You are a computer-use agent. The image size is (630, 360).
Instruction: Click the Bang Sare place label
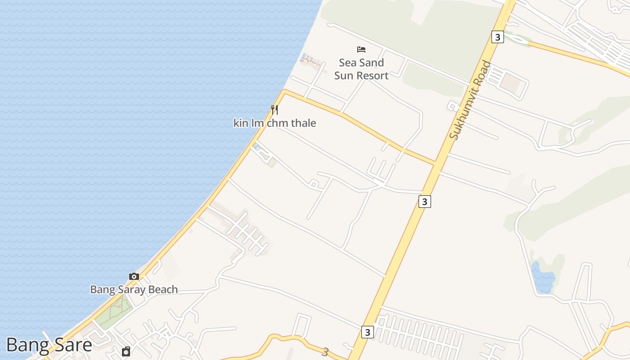pyautogui.click(x=49, y=345)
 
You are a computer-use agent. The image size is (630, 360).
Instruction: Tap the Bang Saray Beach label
pyautogui.click(x=134, y=289)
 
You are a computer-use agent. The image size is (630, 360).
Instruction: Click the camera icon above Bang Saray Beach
pyautogui.click(x=134, y=276)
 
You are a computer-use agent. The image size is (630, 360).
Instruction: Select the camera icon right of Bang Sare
pyautogui.click(x=126, y=351)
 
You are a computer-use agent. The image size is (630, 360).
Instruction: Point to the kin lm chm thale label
pyautogui.click(x=274, y=123)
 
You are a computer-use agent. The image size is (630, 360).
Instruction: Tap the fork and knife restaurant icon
pyautogui.click(x=274, y=109)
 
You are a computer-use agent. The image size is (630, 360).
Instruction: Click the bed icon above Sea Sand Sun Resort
pyautogui.click(x=361, y=49)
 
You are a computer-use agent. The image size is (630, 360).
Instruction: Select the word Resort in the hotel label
pyautogui.click(x=372, y=76)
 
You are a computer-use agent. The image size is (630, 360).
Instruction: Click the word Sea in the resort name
pyautogui.click(x=347, y=63)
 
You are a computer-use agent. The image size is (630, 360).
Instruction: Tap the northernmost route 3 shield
pyautogui.click(x=497, y=37)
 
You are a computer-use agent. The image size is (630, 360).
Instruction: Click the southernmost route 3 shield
pyautogui.click(x=368, y=332)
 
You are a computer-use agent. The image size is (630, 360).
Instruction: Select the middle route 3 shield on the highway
pyautogui.click(x=424, y=201)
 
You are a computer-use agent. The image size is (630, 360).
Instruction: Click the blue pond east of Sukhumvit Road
pyautogui.click(x=543, y=276)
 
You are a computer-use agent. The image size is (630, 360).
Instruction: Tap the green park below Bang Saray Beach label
pyautogui.click(x=114, y=311)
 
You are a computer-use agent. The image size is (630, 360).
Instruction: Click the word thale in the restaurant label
pyautogui.click(x=303, y=123)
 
